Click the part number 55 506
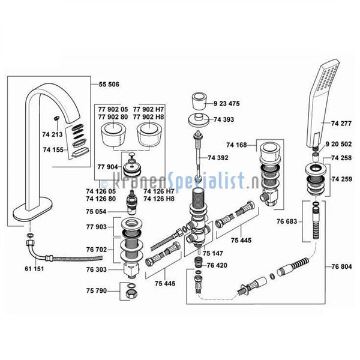pos(109,84)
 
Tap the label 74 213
pos(52,134)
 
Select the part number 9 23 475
pos(227,104)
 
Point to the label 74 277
pos(341,124)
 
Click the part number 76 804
pos(341,266)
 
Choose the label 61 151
pos(34,268)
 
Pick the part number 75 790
pos(97,290)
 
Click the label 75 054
pos(96,211)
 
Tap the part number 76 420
pos(217,265)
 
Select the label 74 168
pos(236,145)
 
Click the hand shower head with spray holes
pos(323,103)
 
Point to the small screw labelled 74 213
pos(56,118)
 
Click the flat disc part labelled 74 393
pos(198,120)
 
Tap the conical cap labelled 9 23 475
pos(199,101)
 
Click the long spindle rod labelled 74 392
pos(199,157)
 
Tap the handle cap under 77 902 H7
pos(149,135)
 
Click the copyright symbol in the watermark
pos(104,184)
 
